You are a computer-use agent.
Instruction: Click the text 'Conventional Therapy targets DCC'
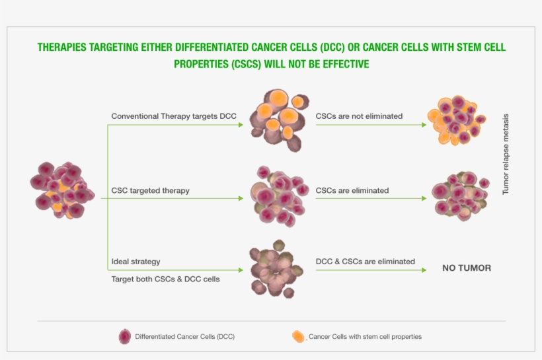[x=173, y=116]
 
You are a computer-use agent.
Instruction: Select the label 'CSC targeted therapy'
[x=150, y=190]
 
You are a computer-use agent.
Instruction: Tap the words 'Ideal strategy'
[x=135, y=262]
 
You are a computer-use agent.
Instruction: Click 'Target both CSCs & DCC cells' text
[x=165, y=279]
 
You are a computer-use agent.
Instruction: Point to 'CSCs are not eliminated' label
[x=359, y=116]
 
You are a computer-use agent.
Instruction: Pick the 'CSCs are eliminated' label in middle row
[x=352, y=190]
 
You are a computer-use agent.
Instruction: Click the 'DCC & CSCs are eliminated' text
[x=366, y=262]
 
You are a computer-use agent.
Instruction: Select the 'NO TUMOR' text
[x=467, y=268]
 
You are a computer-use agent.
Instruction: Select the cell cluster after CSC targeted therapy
[x=278, y=195]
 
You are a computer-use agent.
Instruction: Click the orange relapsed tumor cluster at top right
[x=456, y=119]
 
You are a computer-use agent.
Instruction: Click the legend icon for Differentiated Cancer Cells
[x=124, y=336]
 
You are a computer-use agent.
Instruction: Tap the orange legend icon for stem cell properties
[x=299, y=336]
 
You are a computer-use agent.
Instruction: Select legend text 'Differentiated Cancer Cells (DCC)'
[x=184, y=337]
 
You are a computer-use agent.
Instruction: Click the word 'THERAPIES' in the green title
[x=65, y=48]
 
